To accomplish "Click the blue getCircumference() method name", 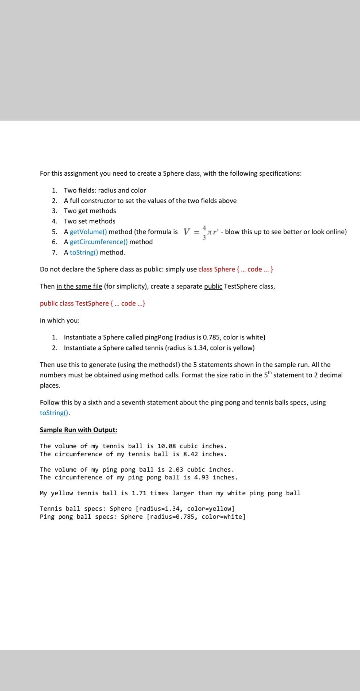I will click(99, 242).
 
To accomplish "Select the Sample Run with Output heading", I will click(78, 430).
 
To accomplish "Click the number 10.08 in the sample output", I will click(167, 446).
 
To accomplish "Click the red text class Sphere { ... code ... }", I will click(236, 269).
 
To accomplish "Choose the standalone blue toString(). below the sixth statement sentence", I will click(54, 413).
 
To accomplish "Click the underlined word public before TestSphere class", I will click(213, 286).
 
